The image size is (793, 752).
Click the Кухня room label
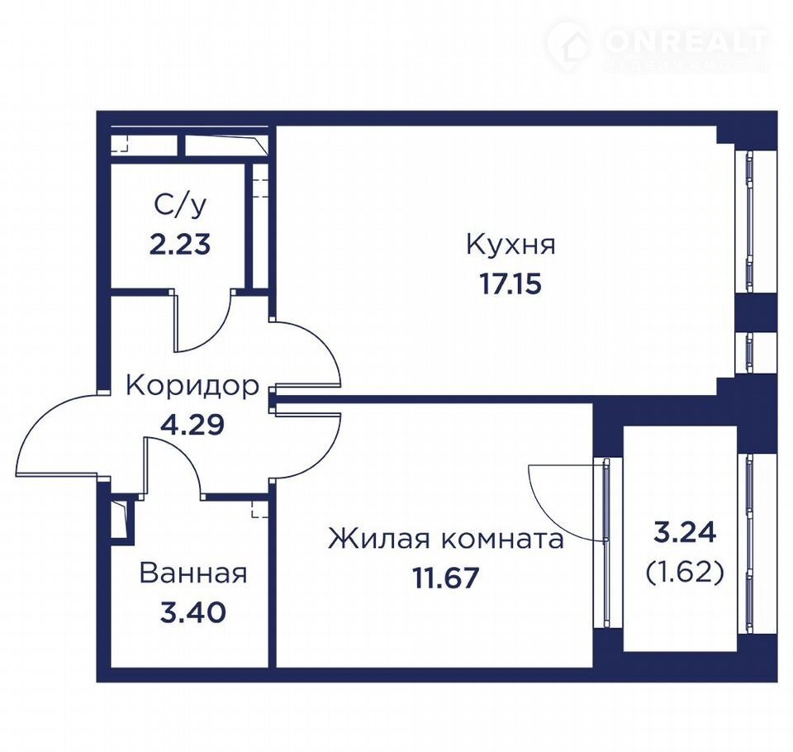click(x=510, y=245)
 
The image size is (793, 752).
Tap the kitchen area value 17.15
click(x=510, y=284)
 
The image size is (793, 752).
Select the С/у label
click(x=180, y=206)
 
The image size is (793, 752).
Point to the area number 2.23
click(x=180, y=245)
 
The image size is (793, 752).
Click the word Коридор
click(x=192, y=386)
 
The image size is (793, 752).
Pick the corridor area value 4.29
click(x=192, y=425)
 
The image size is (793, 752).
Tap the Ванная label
click(x=193, y=574)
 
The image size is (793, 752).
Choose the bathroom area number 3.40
click(x=192, y=613)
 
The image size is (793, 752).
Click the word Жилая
click(x=382, y=539)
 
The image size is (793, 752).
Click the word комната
click(x=503, y=540)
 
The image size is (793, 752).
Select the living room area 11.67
click(x=445, y=578)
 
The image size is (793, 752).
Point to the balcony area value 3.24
click(x=686, y=533)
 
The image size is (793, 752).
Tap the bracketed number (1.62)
click(x=686, y=573)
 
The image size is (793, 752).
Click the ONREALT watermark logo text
click(x=686, y=40)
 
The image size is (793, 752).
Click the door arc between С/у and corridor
click(x=212, y=334)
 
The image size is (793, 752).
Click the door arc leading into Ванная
click(x=188, y=455)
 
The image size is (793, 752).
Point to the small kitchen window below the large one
click(x=749, y=353)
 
